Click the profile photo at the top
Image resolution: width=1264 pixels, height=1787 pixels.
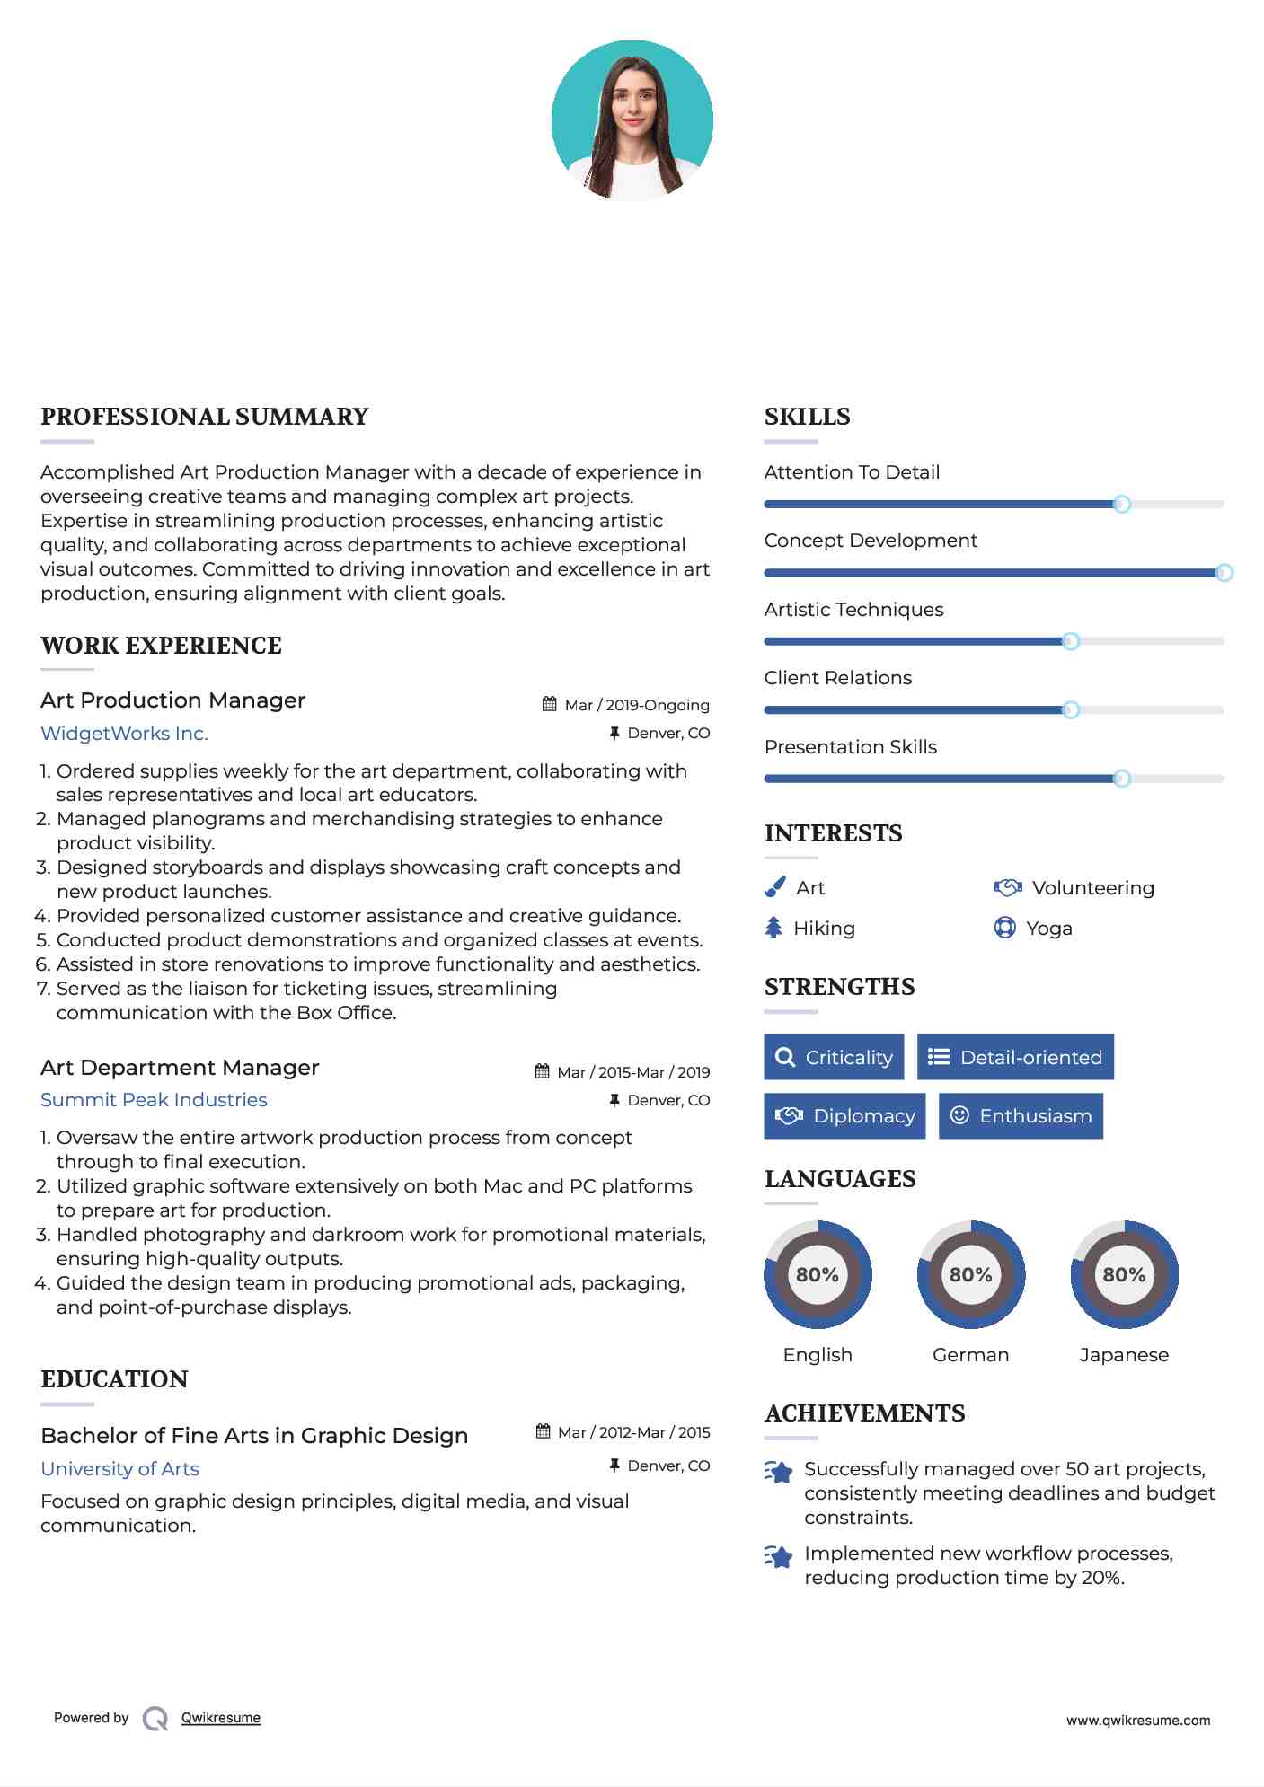tap(632, 120)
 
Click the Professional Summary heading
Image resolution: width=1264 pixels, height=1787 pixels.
tap(205, 417)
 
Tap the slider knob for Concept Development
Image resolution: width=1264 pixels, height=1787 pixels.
tap(1224, 573)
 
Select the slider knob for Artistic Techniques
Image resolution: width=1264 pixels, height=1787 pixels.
tap(1070, 641)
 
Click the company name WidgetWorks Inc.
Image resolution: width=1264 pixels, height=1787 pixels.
tap(124, 734)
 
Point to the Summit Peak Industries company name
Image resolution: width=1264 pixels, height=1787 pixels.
tap(154, 1100)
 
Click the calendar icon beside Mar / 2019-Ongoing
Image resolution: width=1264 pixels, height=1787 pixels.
tap(549, 705)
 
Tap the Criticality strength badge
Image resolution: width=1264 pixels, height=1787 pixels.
tap(834, 1057)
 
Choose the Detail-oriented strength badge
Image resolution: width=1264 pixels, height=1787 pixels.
tap(1015, 1057)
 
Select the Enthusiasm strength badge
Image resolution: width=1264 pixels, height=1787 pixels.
tap(1021, 1116)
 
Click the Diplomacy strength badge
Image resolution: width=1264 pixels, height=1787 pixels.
tap(844, 1116)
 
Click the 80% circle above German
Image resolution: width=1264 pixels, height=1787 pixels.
tap(970, 1274)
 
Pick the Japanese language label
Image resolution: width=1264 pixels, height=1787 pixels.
tap(1123, 1355)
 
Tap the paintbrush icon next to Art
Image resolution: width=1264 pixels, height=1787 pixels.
tap(774, 887)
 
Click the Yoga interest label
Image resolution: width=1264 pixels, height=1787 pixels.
tap(1048, 929)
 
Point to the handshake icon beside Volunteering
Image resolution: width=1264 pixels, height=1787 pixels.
tap(1007, 887)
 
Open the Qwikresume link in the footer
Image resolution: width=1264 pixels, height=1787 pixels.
tap(221, 1718)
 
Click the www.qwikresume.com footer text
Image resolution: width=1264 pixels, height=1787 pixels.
tap(1137, 1721)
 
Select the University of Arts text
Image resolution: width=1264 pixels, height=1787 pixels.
tap(120, 1469)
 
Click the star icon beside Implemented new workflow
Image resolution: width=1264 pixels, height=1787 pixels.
tap(779, 1556)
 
